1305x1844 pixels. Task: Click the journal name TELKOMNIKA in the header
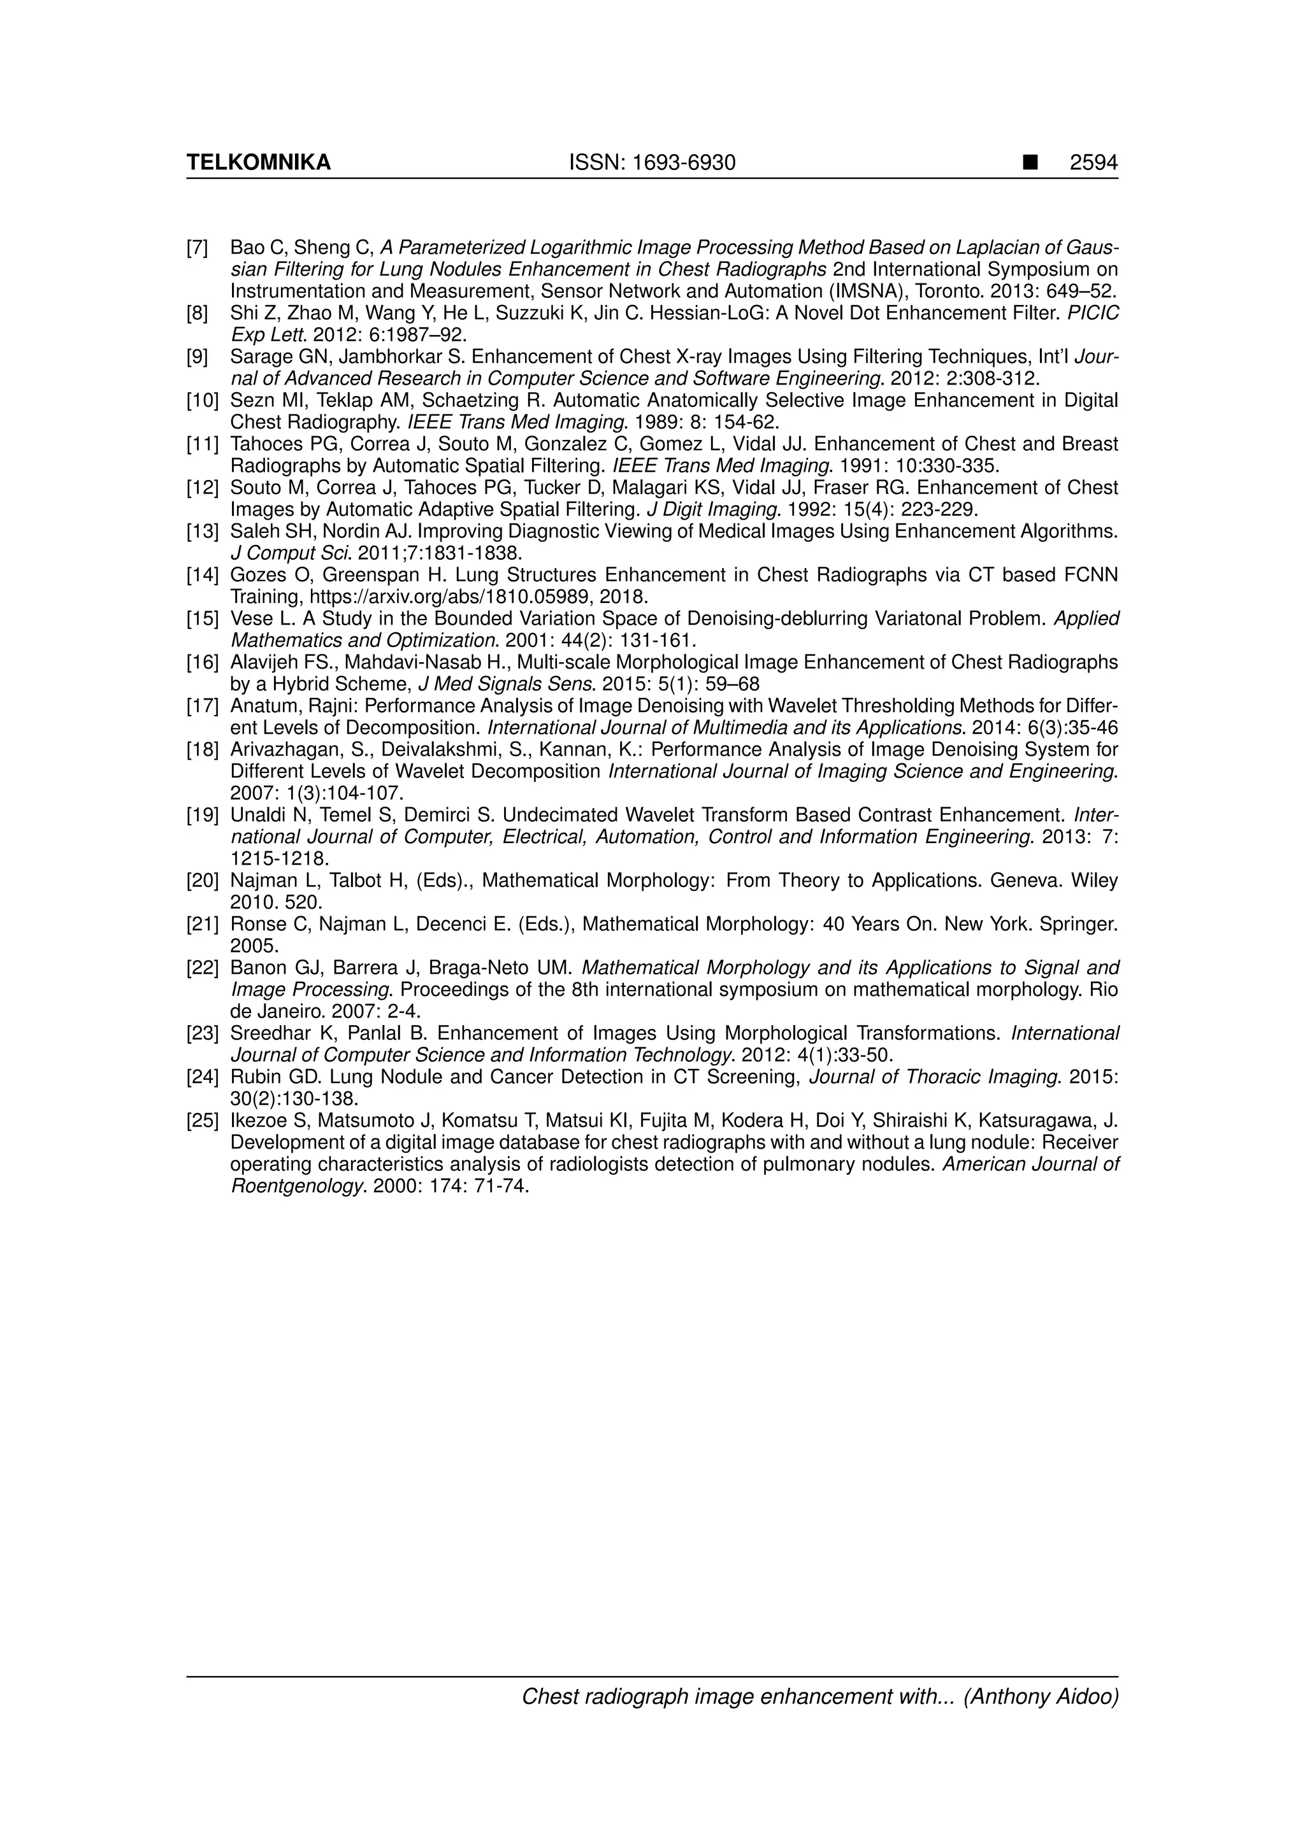258,163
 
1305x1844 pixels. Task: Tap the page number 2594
1093,163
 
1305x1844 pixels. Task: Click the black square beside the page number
1029,163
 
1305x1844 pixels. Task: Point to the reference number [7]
198,247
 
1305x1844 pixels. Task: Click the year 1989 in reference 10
659,422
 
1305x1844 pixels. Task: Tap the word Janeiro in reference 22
290,1011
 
